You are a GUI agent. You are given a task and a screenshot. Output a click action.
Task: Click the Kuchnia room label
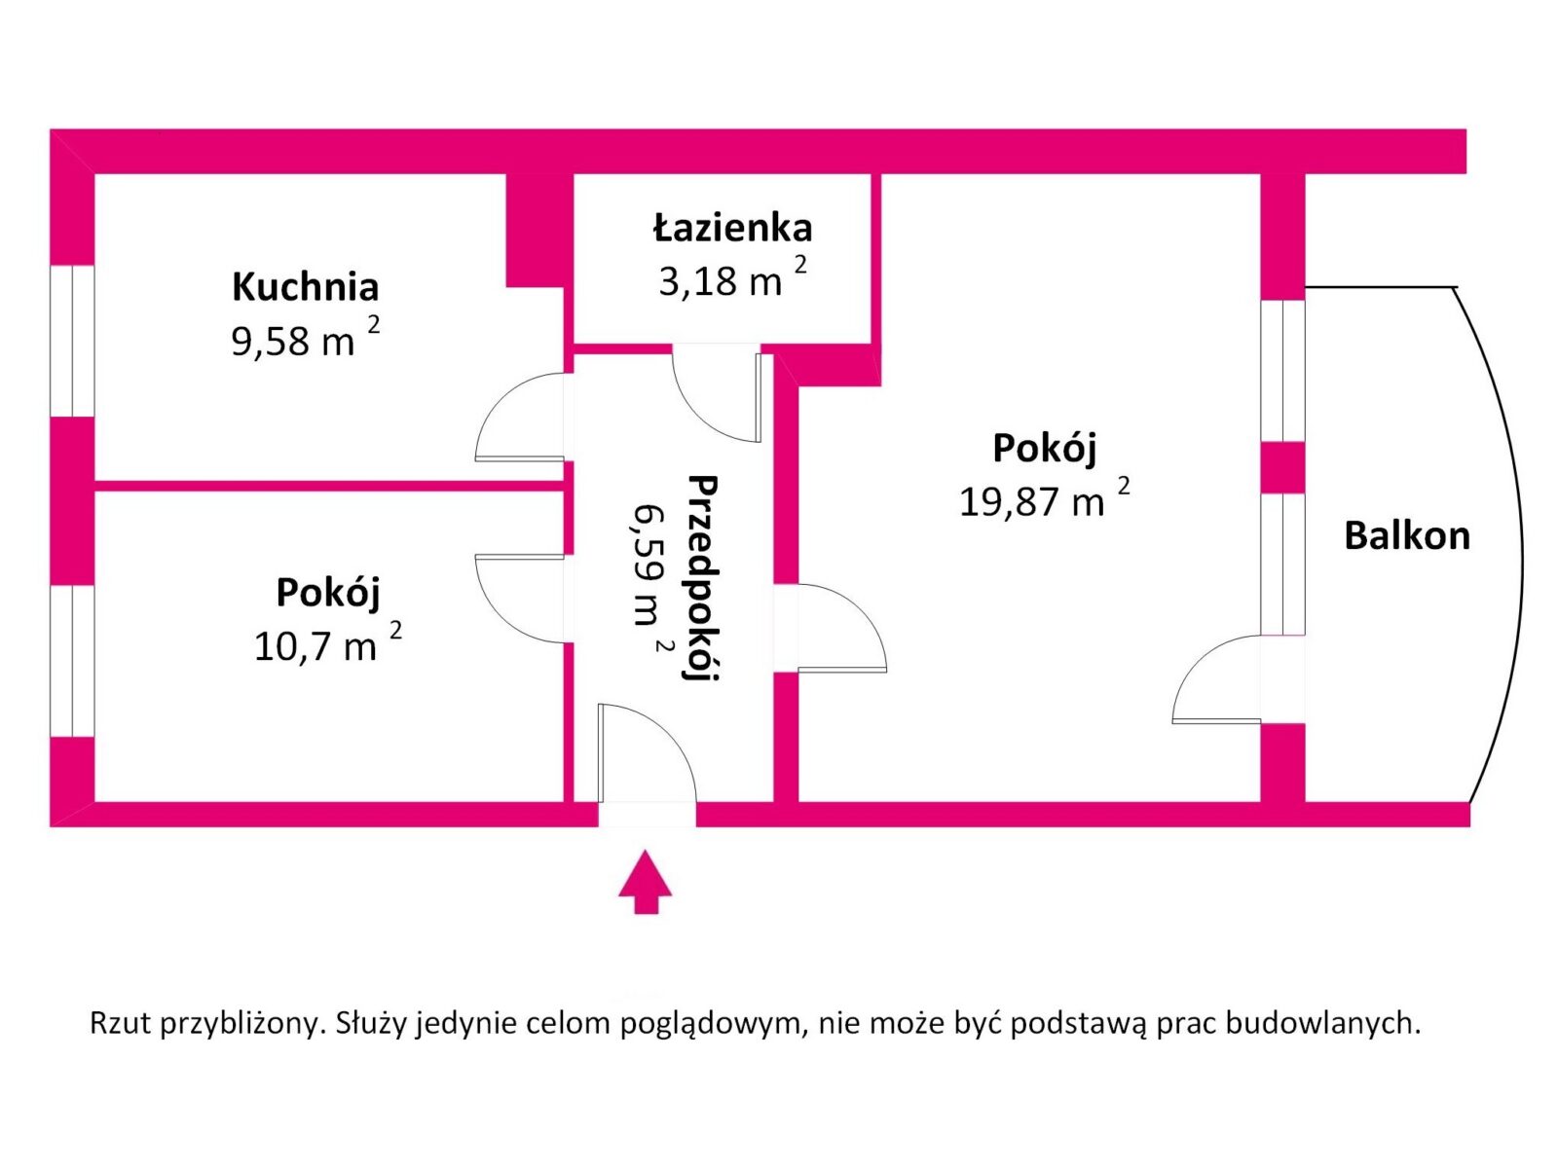point(305,286)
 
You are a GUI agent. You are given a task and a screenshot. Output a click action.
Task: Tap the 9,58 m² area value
point(305,337)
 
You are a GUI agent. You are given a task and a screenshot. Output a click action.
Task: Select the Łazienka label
point(732,227)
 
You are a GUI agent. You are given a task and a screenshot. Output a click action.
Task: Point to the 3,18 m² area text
point(732,277)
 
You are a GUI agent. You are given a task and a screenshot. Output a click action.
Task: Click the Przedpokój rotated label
point(702,578)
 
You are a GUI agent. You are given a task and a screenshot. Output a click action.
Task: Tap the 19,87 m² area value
point(1044,498)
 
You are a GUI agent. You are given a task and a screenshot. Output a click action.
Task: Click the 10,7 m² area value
point(327,642)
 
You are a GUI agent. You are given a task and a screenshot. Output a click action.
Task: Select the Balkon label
point(1406,535)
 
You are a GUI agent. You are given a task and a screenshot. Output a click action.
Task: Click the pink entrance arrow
point(646,882)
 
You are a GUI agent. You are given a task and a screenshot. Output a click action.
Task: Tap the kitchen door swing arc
point(520,417)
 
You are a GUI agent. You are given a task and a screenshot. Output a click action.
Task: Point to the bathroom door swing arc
point(717,394)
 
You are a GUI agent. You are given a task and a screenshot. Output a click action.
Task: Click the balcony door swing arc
point(1217,679)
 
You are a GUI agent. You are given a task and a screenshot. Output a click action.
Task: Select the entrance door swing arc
point(648,752)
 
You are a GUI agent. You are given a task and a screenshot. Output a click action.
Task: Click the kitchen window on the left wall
point(72,341)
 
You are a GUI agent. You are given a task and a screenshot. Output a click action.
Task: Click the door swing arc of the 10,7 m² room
point(520,599)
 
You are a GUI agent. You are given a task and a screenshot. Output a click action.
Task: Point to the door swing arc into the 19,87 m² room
point(842,628)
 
